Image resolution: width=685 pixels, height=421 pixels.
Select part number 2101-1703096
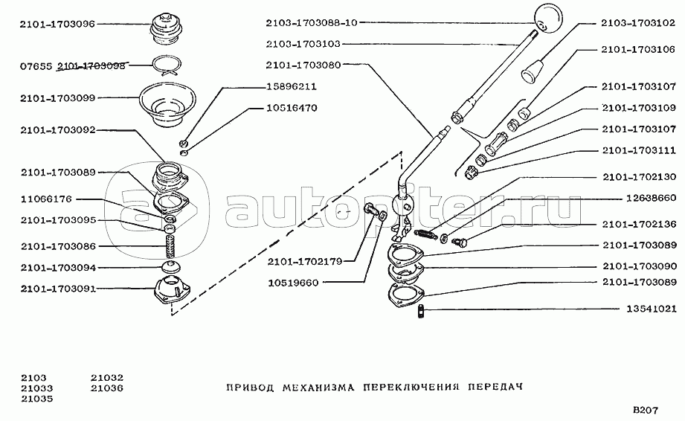click(57, 24)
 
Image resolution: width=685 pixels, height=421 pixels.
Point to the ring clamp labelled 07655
click(168, 65)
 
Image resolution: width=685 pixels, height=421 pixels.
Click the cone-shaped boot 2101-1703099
click(167, 104)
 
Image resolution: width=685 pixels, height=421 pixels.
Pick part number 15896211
click(292, 86)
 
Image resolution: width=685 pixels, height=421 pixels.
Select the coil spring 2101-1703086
click(170, 247)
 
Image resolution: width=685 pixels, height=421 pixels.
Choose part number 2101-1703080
click(303, 65)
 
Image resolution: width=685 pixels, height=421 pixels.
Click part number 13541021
click(652, 309)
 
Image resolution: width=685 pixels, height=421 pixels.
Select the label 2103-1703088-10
click(312, 22)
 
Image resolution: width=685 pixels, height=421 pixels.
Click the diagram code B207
click(646, 410)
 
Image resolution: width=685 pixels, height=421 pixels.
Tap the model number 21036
click(107, 388)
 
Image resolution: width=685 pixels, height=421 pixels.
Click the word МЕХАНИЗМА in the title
click(318, 387)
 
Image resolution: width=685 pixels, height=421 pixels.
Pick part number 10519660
click(293, 283)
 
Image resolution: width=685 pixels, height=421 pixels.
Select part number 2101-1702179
click(305, 262)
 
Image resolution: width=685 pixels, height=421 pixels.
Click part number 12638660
click(651, 198)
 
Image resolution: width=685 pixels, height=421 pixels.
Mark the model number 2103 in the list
click(33, 377)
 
